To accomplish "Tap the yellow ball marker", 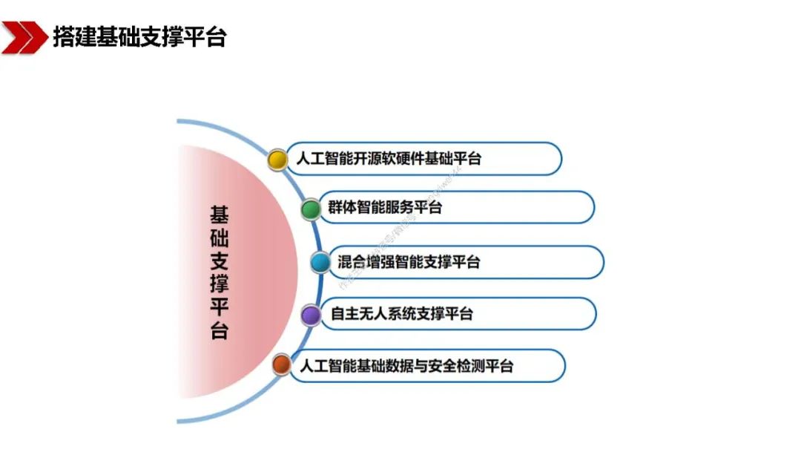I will coord(277,160).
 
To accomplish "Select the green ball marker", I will coord(311,209).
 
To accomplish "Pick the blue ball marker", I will coord(320,262).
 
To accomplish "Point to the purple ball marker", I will coord(311,315).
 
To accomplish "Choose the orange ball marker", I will coord(281,365).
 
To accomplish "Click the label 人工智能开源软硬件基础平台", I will coord(389,159).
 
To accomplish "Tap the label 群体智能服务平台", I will coord(385,208).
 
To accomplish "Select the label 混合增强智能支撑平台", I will coord(409,262).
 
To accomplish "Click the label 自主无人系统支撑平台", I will coord(401,314).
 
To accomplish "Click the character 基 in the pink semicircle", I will coord(220,215).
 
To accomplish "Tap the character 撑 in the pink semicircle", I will coord(220,283).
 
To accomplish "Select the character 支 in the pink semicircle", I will coord(220,261).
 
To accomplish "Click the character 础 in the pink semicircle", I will coord(220,238).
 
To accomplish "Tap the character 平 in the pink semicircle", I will coord(220,306).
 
